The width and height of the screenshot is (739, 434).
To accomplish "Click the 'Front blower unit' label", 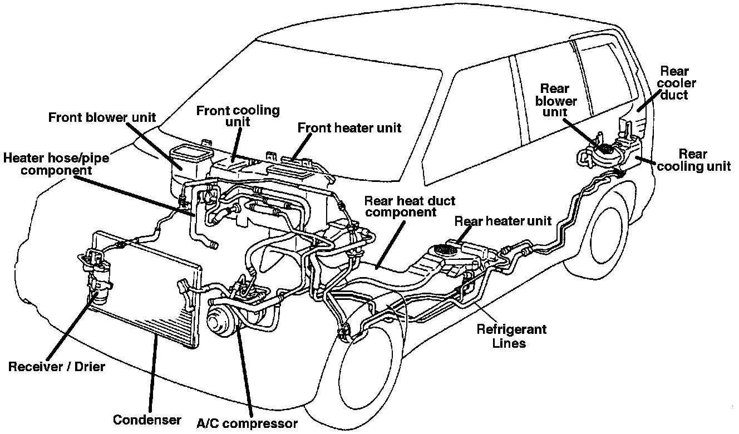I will point(102,117).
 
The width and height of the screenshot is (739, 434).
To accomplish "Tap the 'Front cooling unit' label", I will point(238,116).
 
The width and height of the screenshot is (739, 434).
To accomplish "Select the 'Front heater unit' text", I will point(349,127).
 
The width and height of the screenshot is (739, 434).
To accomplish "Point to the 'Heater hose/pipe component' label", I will point(56,164).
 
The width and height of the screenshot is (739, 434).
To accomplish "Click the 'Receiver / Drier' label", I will point(56,367).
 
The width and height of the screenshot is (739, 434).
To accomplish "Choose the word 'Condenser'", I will point(147,419).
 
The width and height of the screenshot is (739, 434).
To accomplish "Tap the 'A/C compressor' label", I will point(247,423).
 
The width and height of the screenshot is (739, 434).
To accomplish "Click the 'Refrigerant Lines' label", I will point(511,336).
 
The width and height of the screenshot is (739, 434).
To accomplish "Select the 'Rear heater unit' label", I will point(502,221).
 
